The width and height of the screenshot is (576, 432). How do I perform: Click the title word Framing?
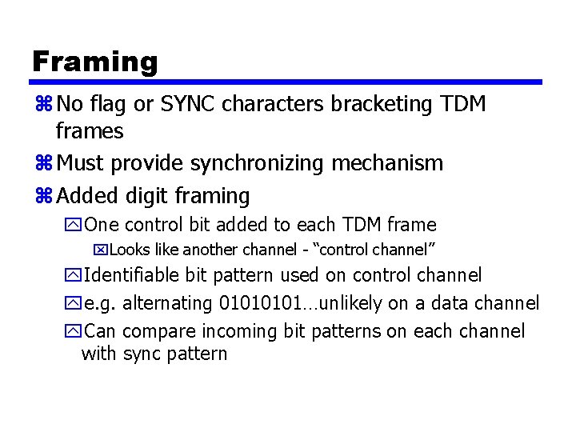95,62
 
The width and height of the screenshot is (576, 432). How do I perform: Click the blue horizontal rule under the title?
287,82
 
